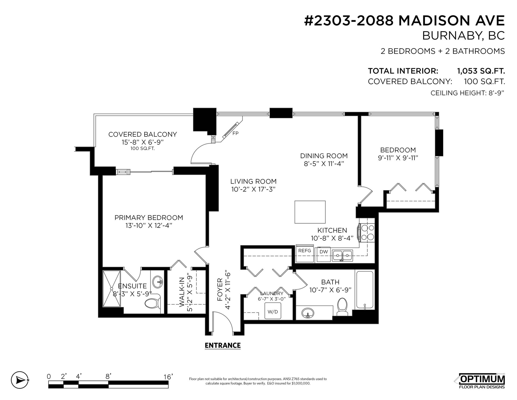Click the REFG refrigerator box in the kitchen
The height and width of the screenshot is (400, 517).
305,253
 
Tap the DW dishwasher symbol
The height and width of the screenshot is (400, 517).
324,254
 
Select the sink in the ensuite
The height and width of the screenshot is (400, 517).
158,282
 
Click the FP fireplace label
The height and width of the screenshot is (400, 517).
235,133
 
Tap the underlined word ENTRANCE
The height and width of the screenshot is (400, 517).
223,345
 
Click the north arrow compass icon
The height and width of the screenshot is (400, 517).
20,380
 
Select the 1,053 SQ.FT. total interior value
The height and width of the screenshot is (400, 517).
481,71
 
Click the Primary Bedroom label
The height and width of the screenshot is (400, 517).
149,218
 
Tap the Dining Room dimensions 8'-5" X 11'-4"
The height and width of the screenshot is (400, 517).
324,164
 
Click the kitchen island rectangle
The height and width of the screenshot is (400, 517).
310,212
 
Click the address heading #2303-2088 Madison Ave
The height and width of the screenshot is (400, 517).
404,21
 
